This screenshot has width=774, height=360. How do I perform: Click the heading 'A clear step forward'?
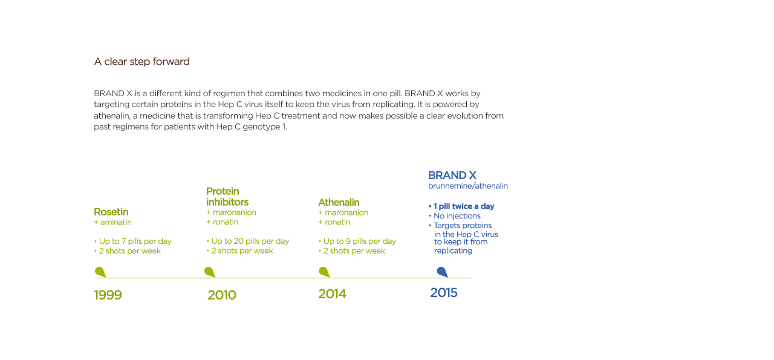click(x=141, y=62)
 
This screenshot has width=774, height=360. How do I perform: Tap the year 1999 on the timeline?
click(x=108, y=295)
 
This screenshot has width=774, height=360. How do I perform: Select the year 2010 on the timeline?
click(x=222, y=295)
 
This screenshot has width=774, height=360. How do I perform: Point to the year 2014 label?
click(x=332, y=294)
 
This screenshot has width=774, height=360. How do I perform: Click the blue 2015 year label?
click(x=444, y=293)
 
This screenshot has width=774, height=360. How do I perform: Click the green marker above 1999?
click(x=100, y=272)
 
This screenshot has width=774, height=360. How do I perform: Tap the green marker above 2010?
click(x=209, y=272)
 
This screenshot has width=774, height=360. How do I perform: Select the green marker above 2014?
click(x=324, y=272)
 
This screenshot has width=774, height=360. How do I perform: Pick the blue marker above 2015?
click(x=442, y=272)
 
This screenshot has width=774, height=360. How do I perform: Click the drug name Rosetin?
click(x=111, y=212)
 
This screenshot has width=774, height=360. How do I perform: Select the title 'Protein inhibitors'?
click(x=227, y=197)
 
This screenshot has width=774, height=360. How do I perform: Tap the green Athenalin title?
click(x=339, y=202)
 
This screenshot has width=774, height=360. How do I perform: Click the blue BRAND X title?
click(x=452, y=175)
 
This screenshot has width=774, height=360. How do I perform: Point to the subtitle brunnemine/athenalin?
click(x=468, y=186)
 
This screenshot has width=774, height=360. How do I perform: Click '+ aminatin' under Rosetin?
click(x=113, y=223)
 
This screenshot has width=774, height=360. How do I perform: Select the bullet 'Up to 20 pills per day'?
click(x=248, y=241)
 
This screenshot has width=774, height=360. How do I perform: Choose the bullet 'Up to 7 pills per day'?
click(x=132, y=241)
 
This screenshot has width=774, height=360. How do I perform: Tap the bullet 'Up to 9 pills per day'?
click(x=357, y=241)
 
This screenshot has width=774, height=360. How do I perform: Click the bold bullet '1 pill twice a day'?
click(x=461, y=206)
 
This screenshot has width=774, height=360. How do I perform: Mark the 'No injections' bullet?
click(x=455, y=216)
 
